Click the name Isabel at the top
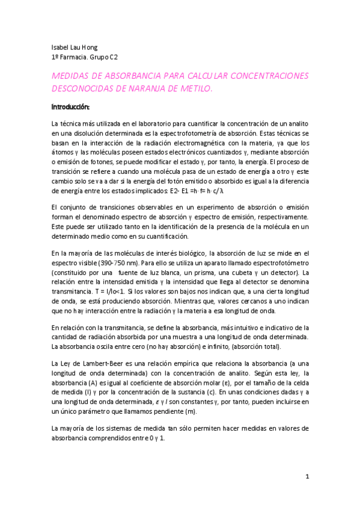point(59,48)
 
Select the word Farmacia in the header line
point(76,58)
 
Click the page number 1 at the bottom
point(307,476)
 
